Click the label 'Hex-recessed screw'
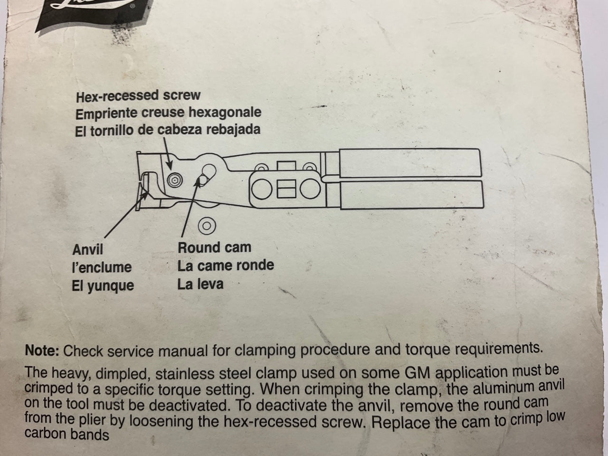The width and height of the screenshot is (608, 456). tap(138, 95)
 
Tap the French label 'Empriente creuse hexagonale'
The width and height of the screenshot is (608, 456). tap(169, 113)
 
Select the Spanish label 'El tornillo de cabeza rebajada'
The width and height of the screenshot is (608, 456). tap(168, 130)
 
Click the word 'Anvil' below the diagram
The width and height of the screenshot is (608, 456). tap(87, 249)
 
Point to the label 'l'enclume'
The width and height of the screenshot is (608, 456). tap(102, 267)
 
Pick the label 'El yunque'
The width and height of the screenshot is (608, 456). tap(103, 286)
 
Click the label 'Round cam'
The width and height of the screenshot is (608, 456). tap(214, 247)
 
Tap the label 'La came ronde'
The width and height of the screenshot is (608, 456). tap(226, 266)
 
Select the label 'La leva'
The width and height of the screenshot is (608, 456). tap(200, 285)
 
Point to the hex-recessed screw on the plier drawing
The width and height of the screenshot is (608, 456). tap(175, 180)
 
